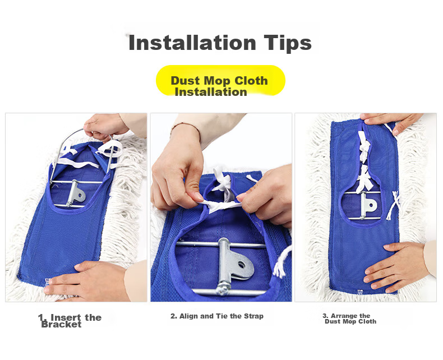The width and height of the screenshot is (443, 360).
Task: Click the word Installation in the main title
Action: (x=192, y=43)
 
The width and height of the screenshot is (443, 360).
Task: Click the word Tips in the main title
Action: (x=288, y=44)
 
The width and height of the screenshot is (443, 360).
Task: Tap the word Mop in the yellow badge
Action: (x=217, y=81)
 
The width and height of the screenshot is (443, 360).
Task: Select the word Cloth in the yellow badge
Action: (x=251, y=81)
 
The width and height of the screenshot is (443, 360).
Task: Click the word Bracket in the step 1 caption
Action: (x=61, y=324)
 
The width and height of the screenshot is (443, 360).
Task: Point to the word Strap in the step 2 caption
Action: (x=253, y=316)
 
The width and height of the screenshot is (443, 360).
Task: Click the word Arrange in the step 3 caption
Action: (x=344, y=316)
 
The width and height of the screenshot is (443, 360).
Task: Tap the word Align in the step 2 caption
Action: (x=188, y=316)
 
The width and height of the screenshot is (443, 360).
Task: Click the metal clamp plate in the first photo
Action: (x=76, y=193)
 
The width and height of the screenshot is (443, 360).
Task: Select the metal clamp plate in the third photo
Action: (x=368, y=205)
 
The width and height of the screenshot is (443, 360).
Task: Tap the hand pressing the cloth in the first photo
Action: (x=85, y=280)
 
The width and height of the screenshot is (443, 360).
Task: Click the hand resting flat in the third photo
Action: (x=395, y=266)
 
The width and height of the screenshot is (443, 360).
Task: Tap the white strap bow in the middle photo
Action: (x=223, y=184)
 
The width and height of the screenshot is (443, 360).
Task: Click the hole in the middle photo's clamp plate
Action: (x=242, y=265)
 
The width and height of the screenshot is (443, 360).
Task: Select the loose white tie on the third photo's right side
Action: (x=394, y=205)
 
